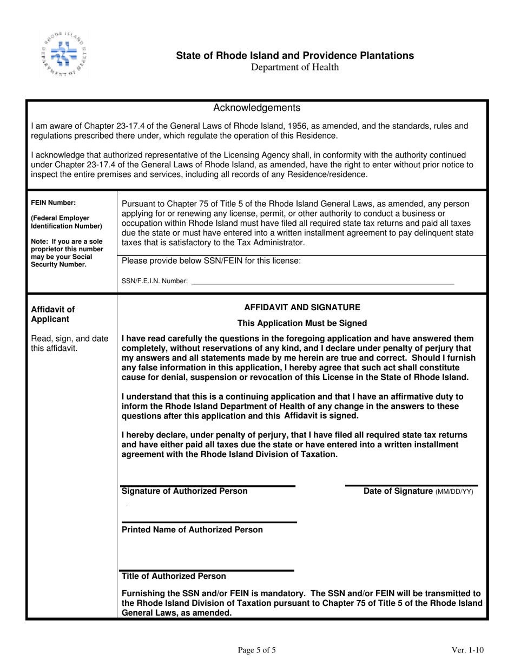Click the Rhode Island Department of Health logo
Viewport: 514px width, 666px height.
click(63, 54)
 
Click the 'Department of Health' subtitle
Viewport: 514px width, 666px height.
click(295, 67)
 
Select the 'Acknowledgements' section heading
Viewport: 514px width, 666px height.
click(257, 108)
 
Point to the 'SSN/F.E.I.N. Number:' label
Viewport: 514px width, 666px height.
click(155, 281)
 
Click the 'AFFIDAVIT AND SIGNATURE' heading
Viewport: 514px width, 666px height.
click(302, 307)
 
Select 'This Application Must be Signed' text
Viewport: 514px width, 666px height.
click(302, 323)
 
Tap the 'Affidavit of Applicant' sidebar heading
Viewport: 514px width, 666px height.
click(53, 314)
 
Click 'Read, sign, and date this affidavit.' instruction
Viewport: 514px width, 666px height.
click(69, 343)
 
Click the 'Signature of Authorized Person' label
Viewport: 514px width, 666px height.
click(185, 491)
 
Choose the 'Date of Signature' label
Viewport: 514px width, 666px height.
click(398, 491)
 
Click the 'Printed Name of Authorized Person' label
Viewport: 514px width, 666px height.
click(193, 530)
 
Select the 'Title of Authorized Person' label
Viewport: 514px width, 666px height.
click(174, 576)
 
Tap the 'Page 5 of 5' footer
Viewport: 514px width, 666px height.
click(257, 650)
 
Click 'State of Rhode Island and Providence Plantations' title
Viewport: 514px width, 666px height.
click(295, 55)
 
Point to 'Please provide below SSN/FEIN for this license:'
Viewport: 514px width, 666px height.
click(212, 261)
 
